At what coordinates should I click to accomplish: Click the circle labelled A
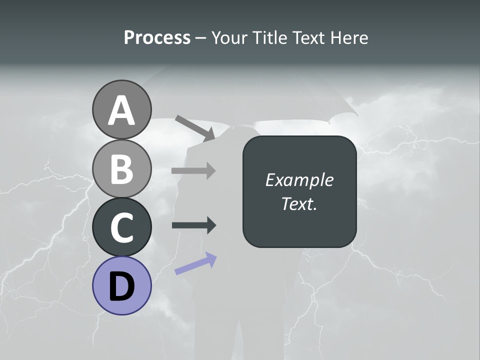[121, 109]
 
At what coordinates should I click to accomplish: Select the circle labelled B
[121, 168]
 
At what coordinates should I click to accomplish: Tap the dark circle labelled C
[121, 227]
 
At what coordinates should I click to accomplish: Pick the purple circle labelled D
[121, 285]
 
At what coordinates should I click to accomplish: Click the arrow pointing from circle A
[194, 128]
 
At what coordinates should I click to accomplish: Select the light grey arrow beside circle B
[193, 170]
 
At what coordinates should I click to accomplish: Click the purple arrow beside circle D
[195, 263]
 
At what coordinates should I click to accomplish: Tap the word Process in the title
[157, 38]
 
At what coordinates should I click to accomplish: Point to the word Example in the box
[299, 180]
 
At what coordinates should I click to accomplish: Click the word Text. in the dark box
[299, 203]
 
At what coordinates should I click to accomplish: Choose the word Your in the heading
[229, 38]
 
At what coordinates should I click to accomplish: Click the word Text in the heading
[308, 38]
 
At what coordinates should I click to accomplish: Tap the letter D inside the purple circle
[121, 287]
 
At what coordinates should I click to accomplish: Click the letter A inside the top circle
[121, 110]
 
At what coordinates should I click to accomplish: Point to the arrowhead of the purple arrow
[211, 258]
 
